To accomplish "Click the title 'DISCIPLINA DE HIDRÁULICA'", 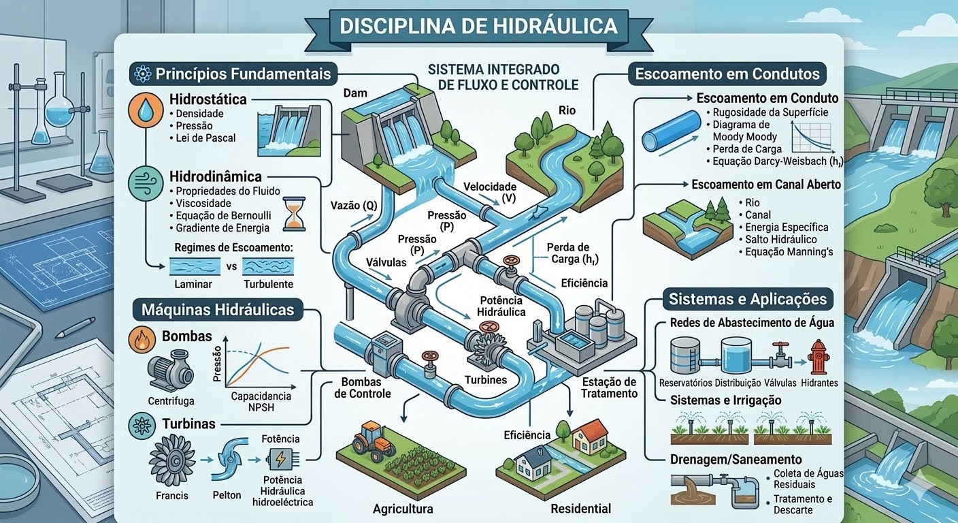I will (478, 26).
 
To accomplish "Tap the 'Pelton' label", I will (227, 495).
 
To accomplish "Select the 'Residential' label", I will (580, 509).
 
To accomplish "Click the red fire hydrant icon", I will (817, 357).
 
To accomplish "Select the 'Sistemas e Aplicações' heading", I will (747, 299).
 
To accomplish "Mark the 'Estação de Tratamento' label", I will (609, 387).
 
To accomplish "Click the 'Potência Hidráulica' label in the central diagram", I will (501, 306).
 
